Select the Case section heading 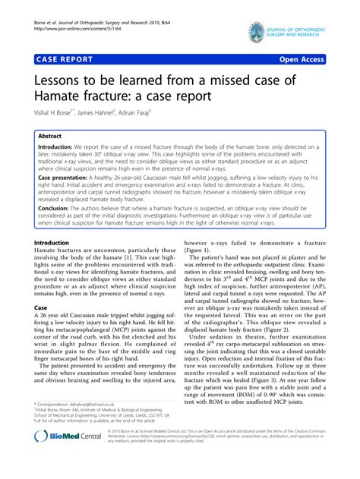42,307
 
